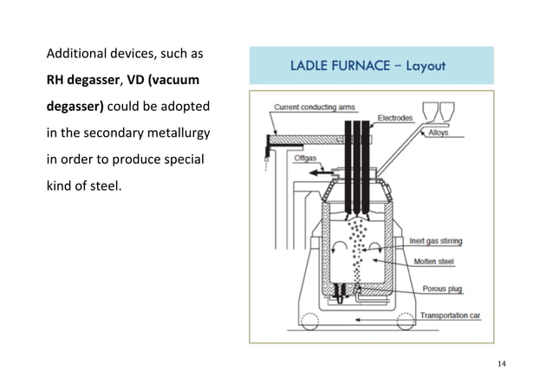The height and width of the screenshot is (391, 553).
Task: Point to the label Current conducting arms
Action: point(314,108)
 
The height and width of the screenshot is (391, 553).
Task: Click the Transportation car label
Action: point(450,315)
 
